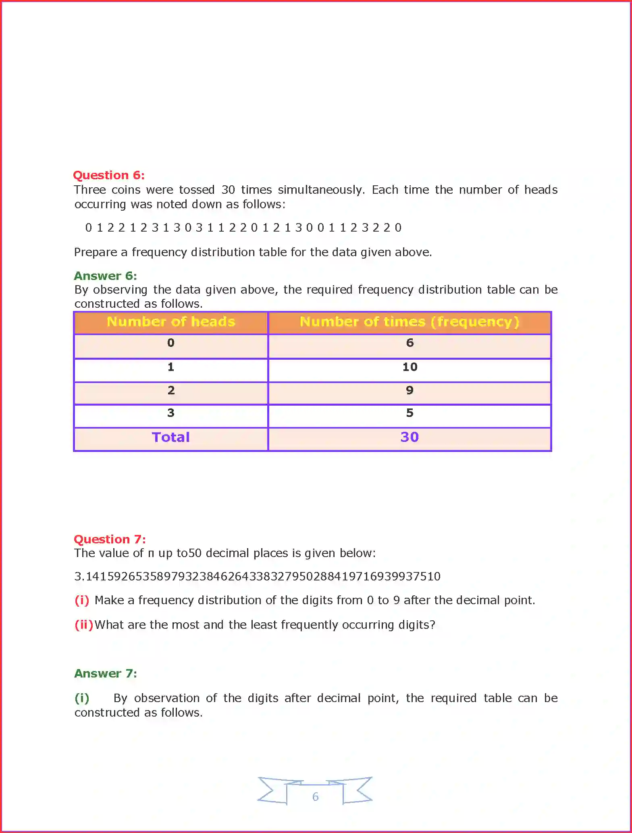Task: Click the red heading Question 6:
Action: coord(108,175)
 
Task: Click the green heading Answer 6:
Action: coord(105,276)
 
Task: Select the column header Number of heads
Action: coord(171,322)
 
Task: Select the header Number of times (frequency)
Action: coord(409,322)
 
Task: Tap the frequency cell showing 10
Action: coord(410,367)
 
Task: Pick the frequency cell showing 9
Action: coord(410,390)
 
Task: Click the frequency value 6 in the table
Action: coord(410,343)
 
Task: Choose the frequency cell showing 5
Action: coord(410,413)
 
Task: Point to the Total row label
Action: coord(171,437)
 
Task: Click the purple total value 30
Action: coord(410,437)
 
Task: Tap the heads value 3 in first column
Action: coord(171,413)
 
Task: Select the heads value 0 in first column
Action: coord(171,343)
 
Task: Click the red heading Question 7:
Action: coord(110,539)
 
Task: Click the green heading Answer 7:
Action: coord(106,673)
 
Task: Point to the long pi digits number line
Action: coord(258,576)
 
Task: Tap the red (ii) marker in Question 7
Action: coord(84,625)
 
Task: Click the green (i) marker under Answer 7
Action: coord(82,698)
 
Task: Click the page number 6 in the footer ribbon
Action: coord(315,797)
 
